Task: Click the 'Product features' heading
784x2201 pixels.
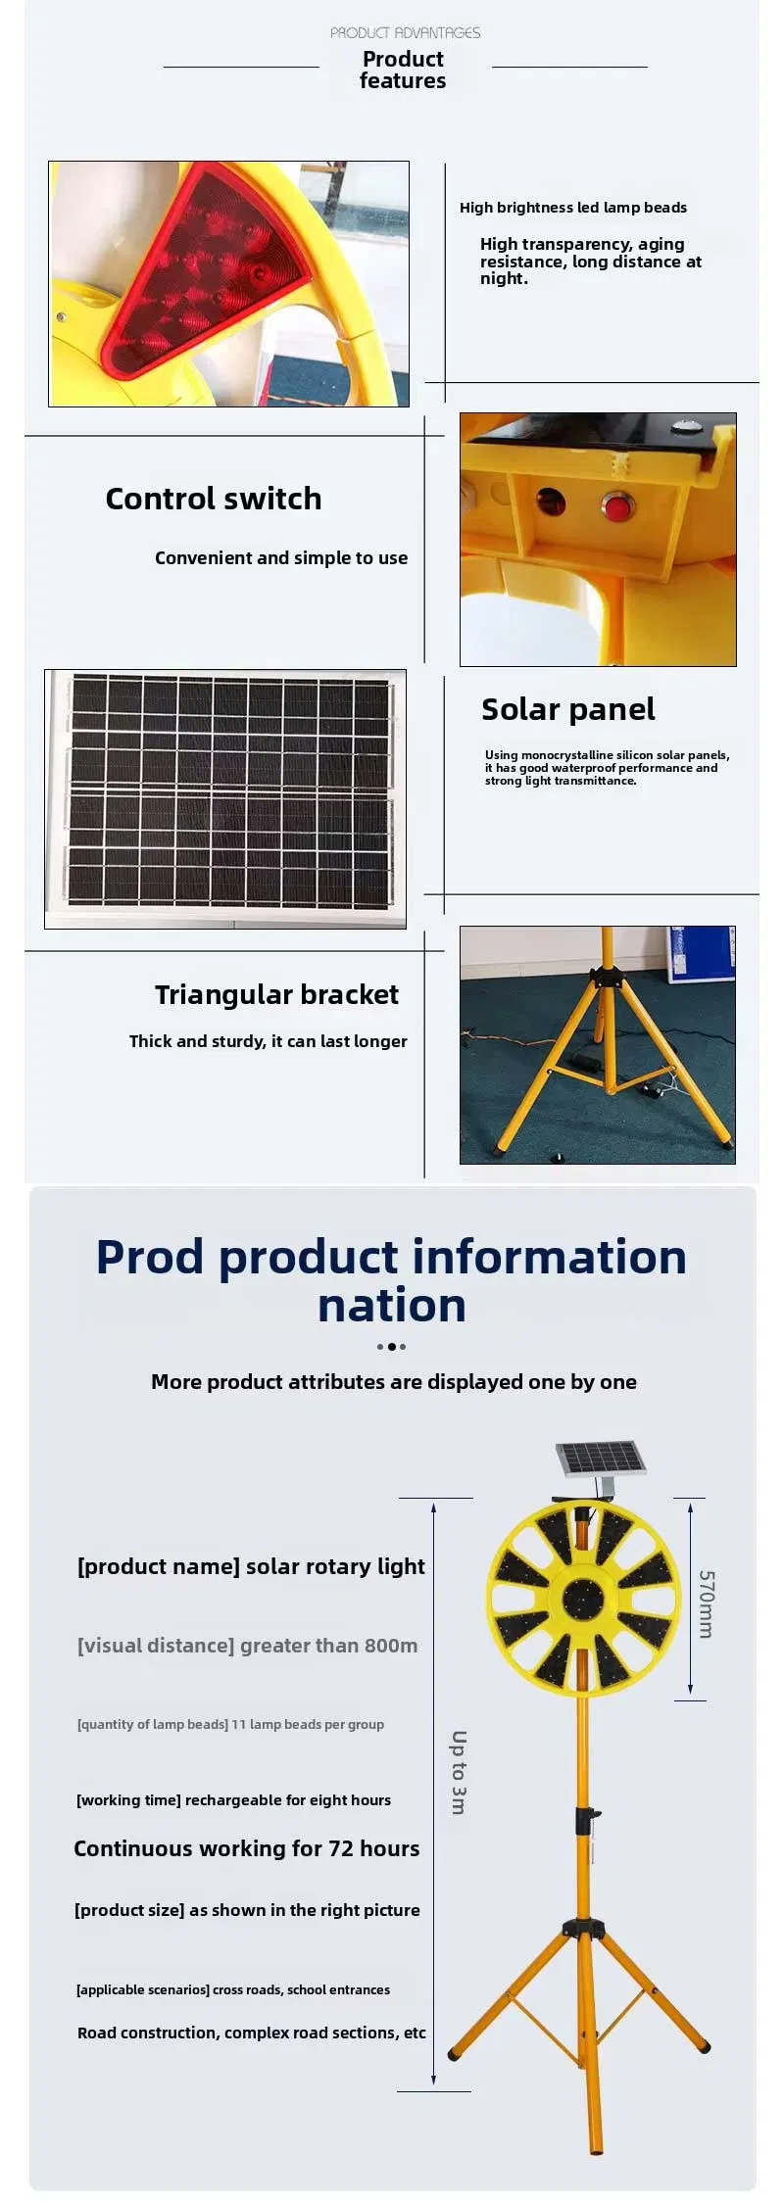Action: coord(403,70)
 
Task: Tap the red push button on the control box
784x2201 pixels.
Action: coord(616,507)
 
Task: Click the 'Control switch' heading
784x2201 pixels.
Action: coord(214,499)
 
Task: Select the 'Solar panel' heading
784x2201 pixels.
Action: coord(567,709)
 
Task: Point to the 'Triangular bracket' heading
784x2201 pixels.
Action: coord(276,994)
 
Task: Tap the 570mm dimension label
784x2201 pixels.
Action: coord(707,1603)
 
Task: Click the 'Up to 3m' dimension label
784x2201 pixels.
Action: coord(459,1772)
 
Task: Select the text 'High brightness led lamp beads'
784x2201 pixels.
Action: coord(573,208)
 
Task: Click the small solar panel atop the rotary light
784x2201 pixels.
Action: coord(602,1459)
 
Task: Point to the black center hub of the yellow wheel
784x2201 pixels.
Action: coord(583,1600)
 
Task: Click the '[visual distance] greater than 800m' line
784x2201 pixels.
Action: coord(247,1646)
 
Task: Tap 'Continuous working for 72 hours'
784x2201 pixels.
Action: coord(247,1848)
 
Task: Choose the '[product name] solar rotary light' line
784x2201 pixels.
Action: coord(251,1566)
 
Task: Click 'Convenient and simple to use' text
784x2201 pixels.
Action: coord(281,557)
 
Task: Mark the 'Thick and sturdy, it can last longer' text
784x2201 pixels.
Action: coord(269,1041)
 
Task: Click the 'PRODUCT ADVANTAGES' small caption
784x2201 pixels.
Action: coord(405,32)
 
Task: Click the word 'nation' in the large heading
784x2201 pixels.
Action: coord(392,1306)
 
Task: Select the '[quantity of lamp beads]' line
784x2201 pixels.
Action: coord(230,1724)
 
